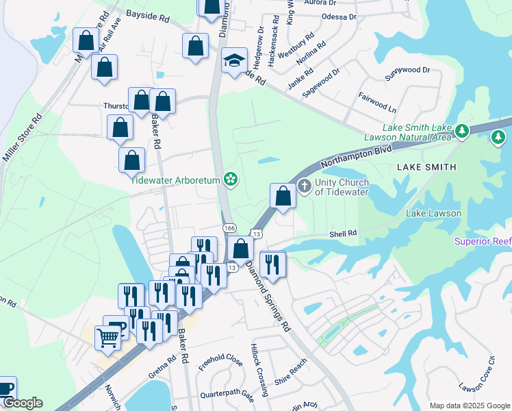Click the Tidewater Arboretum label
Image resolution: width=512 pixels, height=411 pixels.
click(x=176, y=180)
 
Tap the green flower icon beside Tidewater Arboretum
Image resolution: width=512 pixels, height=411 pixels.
click(x=231, y=179)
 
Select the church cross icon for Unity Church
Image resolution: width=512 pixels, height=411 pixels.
click(x=305, y=186)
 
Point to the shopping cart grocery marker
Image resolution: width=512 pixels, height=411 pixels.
click(x=108, y=338)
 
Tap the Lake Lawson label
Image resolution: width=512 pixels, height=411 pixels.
click(x=433, y=213)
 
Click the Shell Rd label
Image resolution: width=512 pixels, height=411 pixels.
click(x=344, y=234)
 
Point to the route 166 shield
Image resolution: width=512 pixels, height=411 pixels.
click(x=229, y=227)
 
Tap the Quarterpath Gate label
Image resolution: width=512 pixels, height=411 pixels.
click(x=227, y=395)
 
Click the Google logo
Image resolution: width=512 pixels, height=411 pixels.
click(x=22, y=403)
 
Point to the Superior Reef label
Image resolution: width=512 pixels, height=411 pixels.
click(x=483, y=242)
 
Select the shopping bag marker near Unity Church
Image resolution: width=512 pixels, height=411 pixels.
click(x=283, y=197)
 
